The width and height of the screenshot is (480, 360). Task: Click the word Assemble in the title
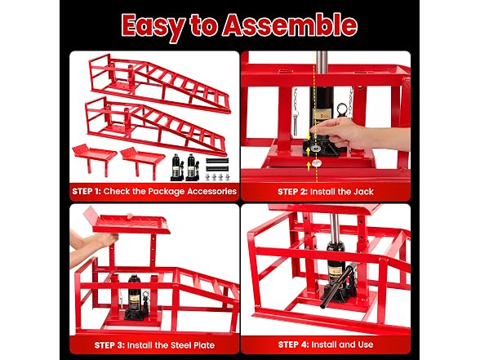(x=290, y=25)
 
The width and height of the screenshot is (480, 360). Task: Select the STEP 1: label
(x=87, y=192)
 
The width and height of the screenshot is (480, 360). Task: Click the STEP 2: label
(x=292, y=192)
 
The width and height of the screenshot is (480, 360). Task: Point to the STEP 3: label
(x=109, y=345)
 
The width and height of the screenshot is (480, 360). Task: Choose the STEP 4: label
(x=293, y=344)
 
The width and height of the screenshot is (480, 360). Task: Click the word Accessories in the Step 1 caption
(x=212, y=192)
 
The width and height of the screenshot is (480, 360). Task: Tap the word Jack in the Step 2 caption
(x=364, y=192)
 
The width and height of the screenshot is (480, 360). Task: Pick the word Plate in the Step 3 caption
(x=204, y=345)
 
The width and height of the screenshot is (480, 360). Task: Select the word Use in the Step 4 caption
(x=365, y=344)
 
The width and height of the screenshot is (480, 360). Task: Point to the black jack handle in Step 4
(x=336, y=287)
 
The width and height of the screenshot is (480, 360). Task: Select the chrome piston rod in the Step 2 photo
(x=322, y=62)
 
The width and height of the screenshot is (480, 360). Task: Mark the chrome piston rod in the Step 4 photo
(x=335, y=228)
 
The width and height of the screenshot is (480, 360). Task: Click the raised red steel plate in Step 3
(x=127, y=223)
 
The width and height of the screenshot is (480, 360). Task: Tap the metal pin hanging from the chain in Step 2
(x=296, y=125)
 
